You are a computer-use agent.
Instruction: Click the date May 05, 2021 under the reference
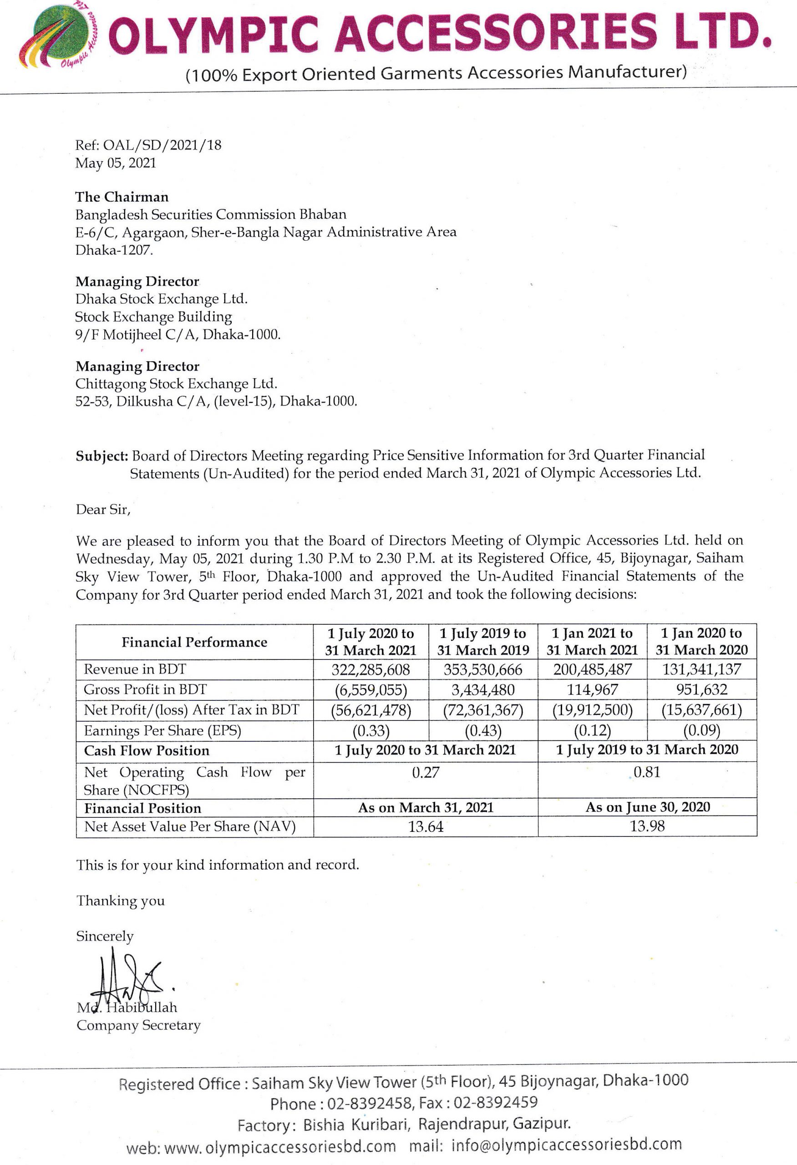tap(116, 163)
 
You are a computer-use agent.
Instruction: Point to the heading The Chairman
tap(122, 197)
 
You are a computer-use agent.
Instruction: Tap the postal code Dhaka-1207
tap(114, 250)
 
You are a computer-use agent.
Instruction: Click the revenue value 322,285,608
tap(371, 669)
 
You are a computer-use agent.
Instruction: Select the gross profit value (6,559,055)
tap(371, 690)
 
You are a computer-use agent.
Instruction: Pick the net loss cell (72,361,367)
tap(483, 710)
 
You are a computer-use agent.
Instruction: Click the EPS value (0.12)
tap(592, 730)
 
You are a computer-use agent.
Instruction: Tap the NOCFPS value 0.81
tap(647, 772)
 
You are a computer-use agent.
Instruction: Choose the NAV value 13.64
tap(426, 826)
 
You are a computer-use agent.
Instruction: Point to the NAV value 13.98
tap(647, 826)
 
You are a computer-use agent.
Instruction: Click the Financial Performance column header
tap(194, 642)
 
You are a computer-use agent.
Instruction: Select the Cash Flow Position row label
tap(147, 750)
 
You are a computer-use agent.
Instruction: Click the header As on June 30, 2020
tap(648, 807)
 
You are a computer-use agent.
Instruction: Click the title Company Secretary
tap(138, 1025)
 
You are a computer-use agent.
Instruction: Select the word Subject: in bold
tap(102, 456)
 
